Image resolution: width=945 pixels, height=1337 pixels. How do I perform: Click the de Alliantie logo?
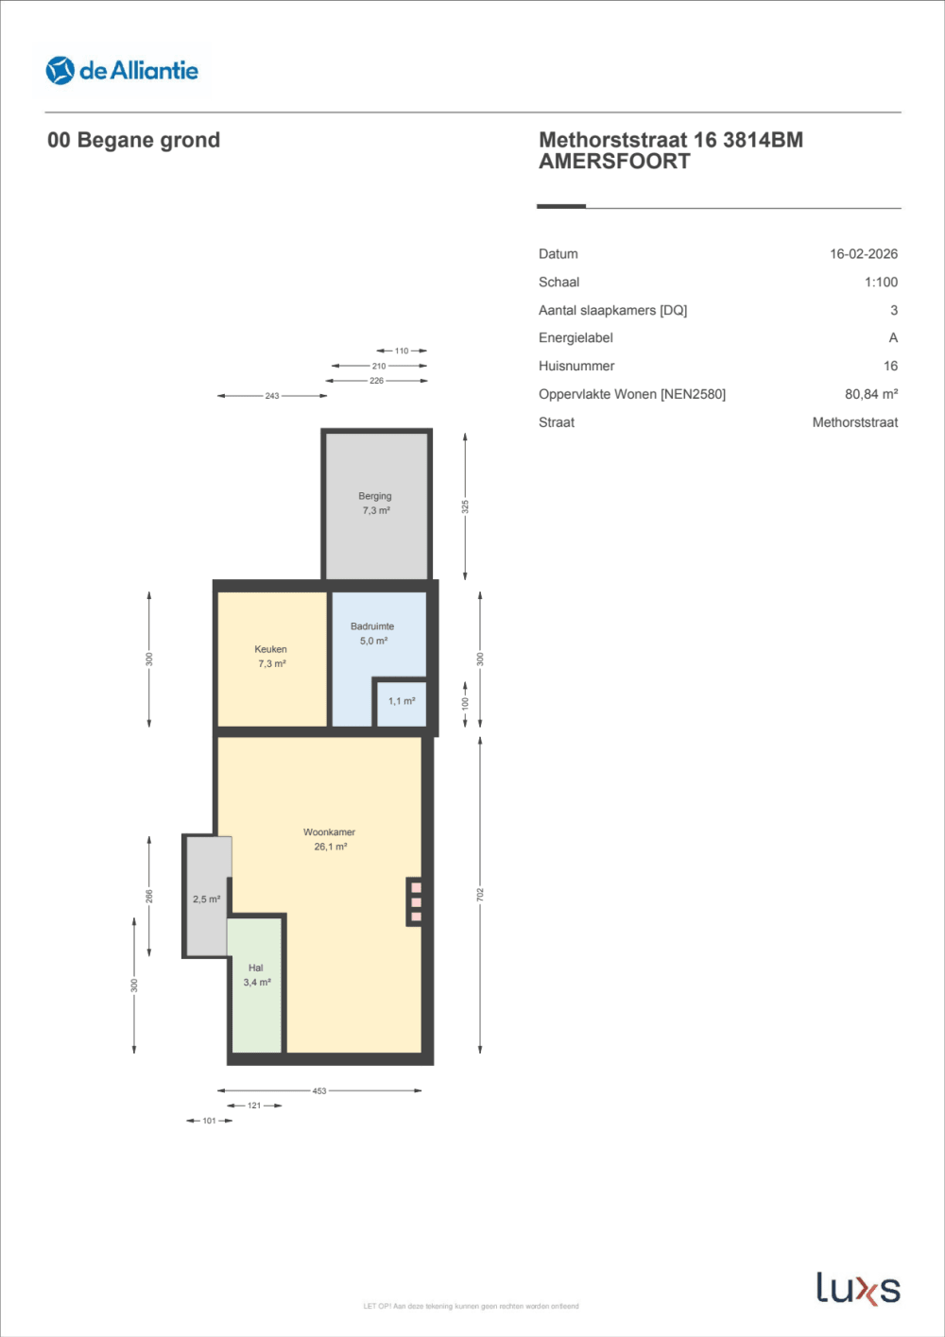point(122,71)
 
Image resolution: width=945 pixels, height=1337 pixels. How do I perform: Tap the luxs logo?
point(857,1289)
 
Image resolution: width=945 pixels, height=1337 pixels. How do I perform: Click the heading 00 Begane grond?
point(133,140)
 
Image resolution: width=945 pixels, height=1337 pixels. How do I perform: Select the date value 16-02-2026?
point(863,254)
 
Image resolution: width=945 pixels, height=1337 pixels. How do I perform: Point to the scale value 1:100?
point(881,283)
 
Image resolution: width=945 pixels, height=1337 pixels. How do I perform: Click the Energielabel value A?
point(893,338)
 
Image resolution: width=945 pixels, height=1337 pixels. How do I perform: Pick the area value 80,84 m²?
point(870,394)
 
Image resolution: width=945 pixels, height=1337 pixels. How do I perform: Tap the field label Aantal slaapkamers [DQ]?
point(612,310)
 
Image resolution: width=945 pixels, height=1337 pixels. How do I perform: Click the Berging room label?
point(375,496)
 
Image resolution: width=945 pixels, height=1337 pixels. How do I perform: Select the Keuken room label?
point(270,649)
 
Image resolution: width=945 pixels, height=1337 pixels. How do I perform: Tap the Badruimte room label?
point(372,626)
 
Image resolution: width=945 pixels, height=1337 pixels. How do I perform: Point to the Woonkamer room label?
point(329,832)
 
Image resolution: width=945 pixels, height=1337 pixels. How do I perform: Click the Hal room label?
point(256,968)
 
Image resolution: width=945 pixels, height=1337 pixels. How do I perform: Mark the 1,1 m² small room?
point(402,701)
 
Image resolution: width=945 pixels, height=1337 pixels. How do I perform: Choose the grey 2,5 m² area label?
point(206,900)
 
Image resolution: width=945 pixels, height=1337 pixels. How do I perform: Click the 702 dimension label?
point(480,893)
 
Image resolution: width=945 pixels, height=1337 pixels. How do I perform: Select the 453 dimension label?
point(319,1090)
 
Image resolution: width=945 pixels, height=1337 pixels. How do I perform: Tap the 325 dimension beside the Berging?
point(465,506)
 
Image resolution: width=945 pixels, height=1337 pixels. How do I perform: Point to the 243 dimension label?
point(272,396)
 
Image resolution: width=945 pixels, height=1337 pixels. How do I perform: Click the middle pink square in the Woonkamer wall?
point(416,902)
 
